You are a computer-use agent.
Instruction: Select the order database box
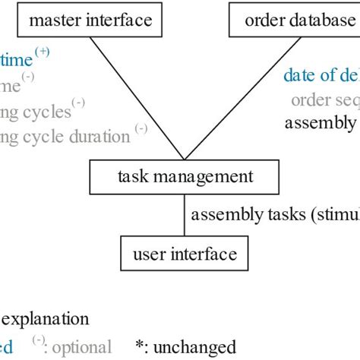pos(293,21)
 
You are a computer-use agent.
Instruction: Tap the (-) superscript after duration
pos(141,130)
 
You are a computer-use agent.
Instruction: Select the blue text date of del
pos(320,75)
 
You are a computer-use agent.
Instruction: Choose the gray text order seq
pos(324,99)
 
